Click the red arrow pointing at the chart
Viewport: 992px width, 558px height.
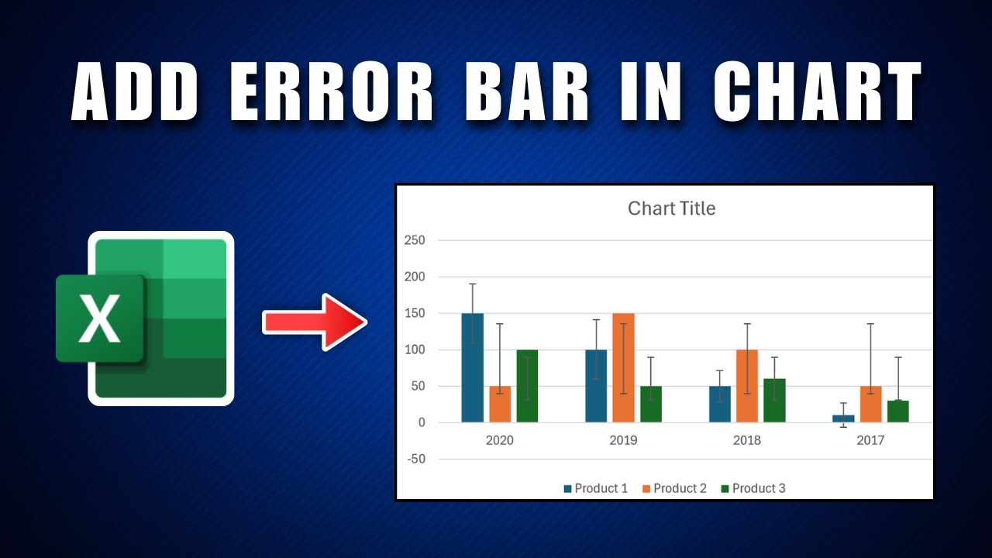coord(314,322)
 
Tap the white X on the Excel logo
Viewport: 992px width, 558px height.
coord(100,318)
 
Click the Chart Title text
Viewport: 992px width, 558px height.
coord(671,208)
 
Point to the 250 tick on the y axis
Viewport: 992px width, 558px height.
coord(415,240)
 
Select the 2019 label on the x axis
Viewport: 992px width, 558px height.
coord(623,440)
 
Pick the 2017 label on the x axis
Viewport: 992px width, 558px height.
coord(870,440)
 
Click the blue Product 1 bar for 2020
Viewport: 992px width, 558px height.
coord(472,368)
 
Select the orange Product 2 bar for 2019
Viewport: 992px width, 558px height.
coord(623,368)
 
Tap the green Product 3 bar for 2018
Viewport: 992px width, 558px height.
coord(774,401)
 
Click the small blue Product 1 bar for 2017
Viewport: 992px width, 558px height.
coord(843,418)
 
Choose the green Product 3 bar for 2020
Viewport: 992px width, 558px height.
coord(527,386)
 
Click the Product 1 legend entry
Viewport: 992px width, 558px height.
coord(595,488)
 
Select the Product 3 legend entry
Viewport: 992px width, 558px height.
coord(753,488)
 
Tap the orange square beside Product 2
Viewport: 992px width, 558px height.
coord(646,489)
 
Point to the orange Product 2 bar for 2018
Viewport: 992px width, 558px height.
coord(746,386)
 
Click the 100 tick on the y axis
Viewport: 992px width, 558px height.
coord(415,350)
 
